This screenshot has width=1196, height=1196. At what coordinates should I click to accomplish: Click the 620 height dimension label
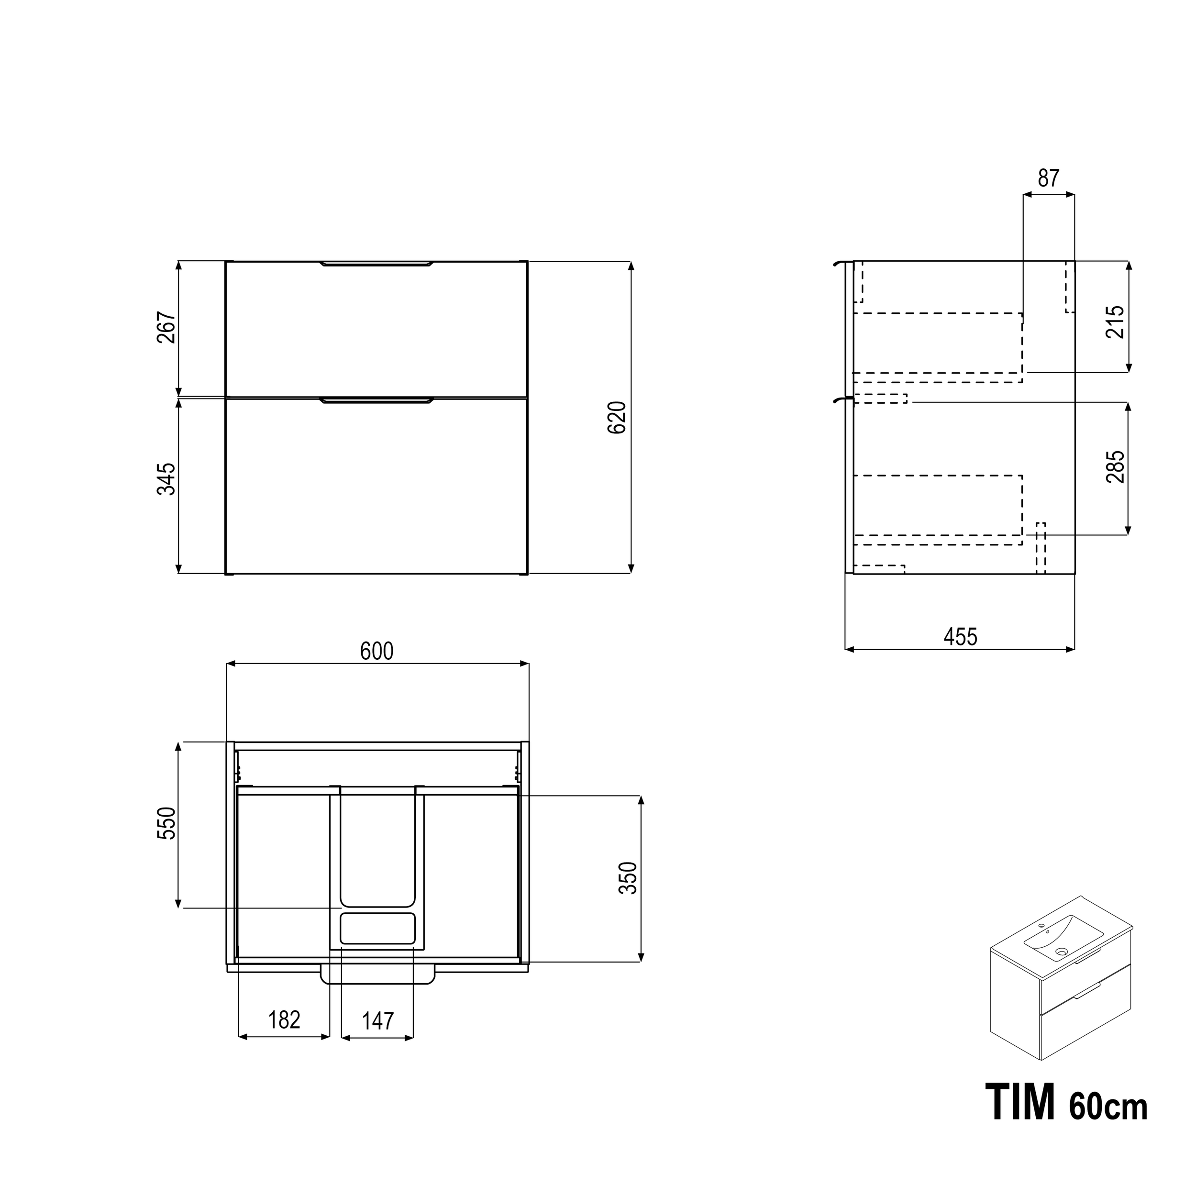617,417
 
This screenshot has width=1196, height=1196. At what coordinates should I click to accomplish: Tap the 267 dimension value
166,328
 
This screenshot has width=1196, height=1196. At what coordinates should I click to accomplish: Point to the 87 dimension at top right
1049,178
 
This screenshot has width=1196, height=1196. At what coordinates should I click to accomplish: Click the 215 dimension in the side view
1115,321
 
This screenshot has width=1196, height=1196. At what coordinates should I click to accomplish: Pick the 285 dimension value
1115,467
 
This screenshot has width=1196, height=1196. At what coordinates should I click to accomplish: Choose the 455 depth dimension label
960,636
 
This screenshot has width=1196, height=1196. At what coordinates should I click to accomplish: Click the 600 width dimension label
377,651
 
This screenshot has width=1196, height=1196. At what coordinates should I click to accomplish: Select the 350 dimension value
628,878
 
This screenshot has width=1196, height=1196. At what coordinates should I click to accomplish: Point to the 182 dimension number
284,1019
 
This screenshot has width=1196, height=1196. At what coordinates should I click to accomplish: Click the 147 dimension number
377,1021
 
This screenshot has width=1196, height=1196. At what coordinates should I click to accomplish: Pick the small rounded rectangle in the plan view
377,928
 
